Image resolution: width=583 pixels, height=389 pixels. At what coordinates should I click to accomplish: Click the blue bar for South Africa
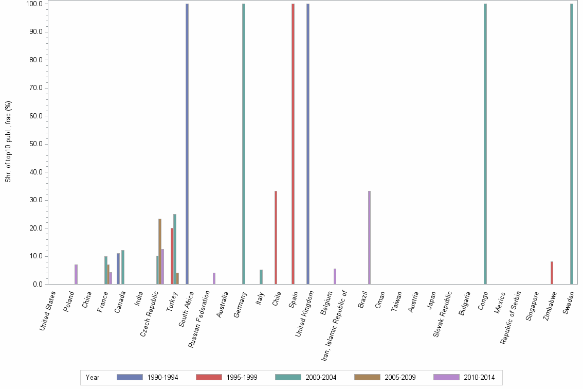point(187,144)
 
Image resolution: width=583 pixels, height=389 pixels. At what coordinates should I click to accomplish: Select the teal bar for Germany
point(244,144)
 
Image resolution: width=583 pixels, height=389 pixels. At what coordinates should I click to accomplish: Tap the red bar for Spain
point(293,144)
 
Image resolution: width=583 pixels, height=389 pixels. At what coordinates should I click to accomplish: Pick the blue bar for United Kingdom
point(308,144)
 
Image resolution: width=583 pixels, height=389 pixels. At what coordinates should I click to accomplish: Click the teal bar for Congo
point(485,144)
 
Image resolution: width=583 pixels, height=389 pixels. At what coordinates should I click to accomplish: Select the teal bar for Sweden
point(571,144)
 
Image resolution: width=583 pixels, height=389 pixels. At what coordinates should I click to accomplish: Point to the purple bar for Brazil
point(369,237)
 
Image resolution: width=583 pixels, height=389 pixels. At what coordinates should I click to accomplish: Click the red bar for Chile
point(276,237)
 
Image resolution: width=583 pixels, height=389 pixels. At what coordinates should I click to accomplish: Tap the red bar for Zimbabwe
point(552,273)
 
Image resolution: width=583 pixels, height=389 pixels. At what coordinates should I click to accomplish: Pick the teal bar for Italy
point(261,277)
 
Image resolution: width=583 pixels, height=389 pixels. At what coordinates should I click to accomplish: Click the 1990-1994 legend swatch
point(130,377)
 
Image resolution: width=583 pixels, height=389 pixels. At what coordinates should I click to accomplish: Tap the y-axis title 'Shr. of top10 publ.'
point(8,141)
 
